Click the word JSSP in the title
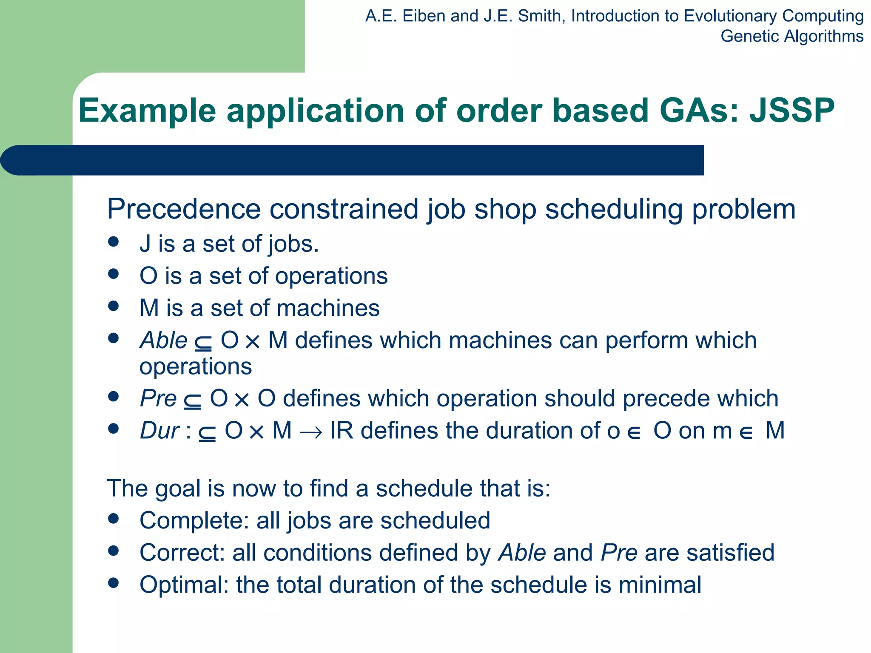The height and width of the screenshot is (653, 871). pos(792,111)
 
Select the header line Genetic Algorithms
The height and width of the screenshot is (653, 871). pos(791,36)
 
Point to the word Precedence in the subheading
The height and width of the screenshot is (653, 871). pos(183,209)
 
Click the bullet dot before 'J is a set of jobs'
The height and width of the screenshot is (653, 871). pos(113,242)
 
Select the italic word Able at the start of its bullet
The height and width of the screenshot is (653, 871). pos(163,340)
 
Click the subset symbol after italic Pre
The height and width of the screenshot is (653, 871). pos(192,400)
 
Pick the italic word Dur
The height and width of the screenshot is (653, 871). pos(159,430)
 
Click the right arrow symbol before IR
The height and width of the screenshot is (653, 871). pos(310,433)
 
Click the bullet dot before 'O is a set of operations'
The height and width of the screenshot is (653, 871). pos(113,274)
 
